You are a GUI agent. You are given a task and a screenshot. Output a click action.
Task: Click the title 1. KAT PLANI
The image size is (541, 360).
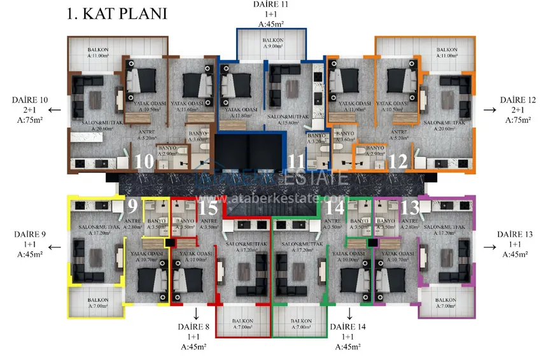(x=116, y=13)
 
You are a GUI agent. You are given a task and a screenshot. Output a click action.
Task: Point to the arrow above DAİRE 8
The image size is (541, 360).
(x=196, y=312)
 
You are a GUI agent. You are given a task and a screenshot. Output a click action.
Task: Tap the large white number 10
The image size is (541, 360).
(x=144, y=162)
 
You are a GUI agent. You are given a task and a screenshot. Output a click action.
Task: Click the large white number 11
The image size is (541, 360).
(x=295, y=162)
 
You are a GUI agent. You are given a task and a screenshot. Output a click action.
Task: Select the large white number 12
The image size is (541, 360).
(x=398, y=162)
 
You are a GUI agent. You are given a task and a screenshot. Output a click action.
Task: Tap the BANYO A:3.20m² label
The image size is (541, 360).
(x=316, y=139)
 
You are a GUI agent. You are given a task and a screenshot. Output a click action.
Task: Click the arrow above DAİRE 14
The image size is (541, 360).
(x=349, y=312)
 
